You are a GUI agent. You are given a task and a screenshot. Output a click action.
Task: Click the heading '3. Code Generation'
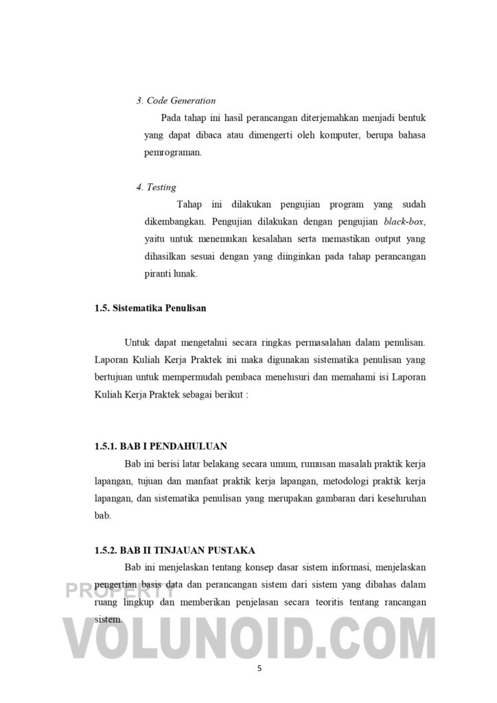176,101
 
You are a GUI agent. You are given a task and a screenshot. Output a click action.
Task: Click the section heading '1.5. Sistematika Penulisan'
150,308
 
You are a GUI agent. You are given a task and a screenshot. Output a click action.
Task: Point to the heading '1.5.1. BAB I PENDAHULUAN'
161,446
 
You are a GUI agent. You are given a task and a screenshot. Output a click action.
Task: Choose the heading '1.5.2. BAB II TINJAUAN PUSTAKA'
175,551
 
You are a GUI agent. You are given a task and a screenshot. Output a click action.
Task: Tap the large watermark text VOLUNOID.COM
248,640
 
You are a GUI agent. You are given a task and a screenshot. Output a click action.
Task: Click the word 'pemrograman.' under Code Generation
173,152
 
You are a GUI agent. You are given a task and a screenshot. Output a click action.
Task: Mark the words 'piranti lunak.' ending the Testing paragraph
171,273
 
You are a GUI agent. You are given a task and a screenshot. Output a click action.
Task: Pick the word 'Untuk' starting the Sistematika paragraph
137,343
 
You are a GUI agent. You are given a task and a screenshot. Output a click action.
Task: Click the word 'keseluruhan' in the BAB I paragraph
400,498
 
